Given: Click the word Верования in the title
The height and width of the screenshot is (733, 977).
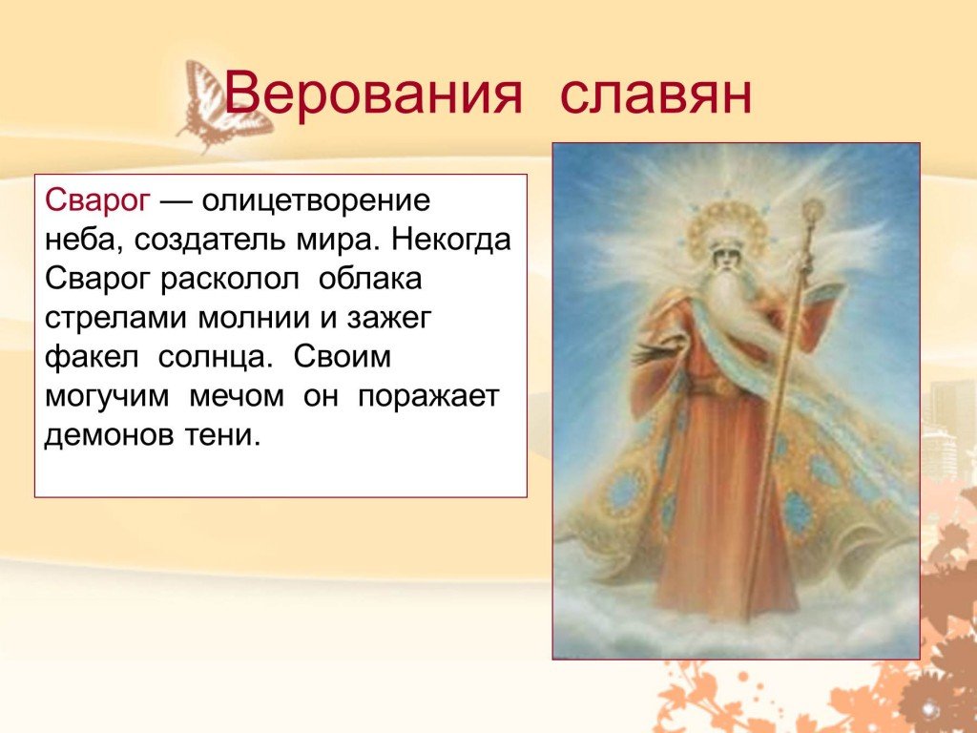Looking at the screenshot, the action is coord(372,94).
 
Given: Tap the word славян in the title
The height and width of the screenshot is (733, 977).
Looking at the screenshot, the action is coord(656,94).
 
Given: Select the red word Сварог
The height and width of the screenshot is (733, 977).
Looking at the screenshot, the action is coord(98,201).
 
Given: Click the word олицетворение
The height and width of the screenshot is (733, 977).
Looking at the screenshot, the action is coord(316,201).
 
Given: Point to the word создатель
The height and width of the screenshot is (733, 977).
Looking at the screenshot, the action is coord(209,240).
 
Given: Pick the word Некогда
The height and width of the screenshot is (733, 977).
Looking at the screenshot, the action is coord(451,240).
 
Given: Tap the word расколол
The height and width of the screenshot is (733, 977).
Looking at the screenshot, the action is coord(230,280).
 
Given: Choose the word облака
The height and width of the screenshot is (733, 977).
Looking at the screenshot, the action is coord(370,280).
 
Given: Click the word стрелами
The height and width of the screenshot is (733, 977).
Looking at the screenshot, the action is coord(115,319).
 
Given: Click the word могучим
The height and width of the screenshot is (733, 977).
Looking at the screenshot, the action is coord(107,397).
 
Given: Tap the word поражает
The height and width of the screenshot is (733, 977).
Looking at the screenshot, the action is coord(428,397).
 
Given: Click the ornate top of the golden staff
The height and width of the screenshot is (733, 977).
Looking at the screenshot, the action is coord(813,212).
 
